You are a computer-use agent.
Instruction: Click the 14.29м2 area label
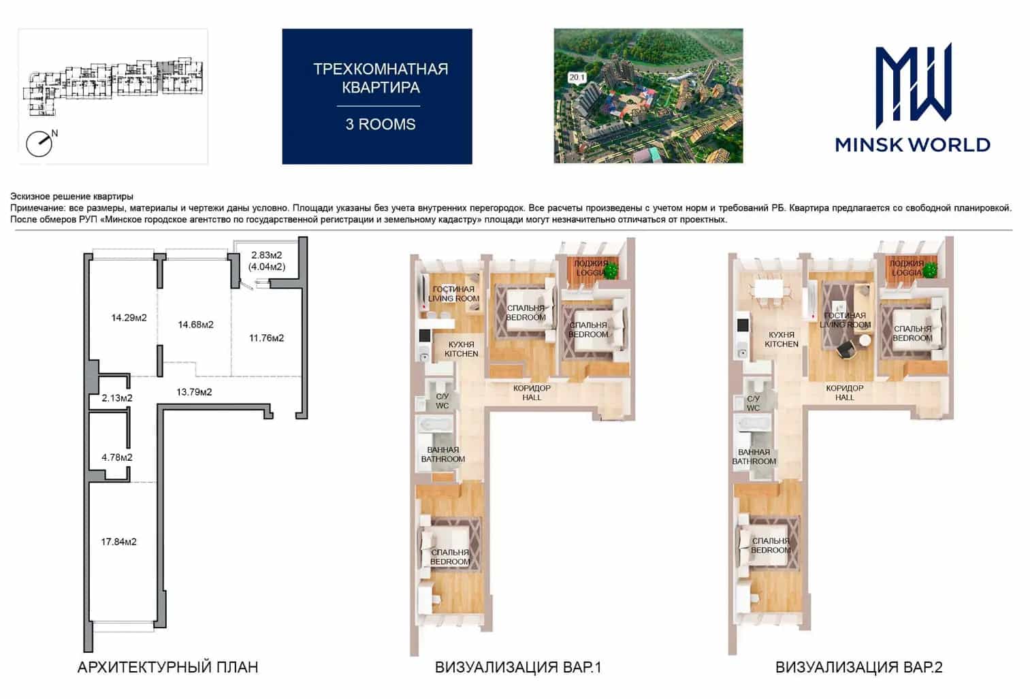[129, 318]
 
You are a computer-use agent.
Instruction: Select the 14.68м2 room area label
[196, 325]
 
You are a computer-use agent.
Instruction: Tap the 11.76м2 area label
[267, 338]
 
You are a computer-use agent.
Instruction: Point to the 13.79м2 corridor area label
[194, 392]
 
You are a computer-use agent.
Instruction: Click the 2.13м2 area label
[117, 397]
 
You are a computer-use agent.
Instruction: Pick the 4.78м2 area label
[117, 457]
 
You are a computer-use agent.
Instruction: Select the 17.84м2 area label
[118, 542]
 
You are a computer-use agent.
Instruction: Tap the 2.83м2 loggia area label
[267, 255]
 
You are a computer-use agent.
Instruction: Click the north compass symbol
[39, 143]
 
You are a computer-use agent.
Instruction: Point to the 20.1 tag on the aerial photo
[577, 78]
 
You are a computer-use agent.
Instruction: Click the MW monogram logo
[913, 86]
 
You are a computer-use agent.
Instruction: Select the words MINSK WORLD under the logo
[913, 145]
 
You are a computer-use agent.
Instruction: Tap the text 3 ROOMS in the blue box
[381, 124]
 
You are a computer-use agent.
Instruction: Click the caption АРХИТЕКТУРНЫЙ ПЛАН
[168, 667]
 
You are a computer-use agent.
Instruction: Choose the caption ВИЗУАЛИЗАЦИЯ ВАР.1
[518, 667]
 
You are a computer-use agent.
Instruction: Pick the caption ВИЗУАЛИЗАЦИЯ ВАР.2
[859, 667]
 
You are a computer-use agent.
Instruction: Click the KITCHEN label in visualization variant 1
[461, 354]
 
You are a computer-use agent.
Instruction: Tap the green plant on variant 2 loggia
[930, 270]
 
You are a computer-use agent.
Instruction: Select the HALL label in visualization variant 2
[845, 397]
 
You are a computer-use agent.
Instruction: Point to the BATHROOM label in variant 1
[442, 459]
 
